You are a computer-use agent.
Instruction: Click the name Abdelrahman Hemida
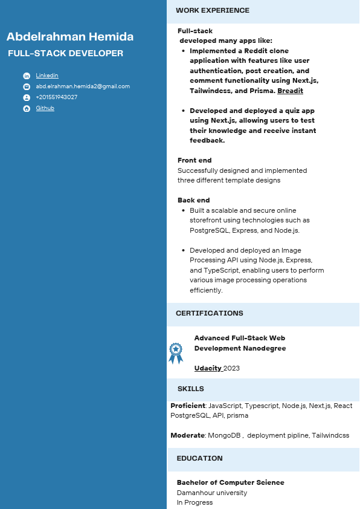pos(70,37)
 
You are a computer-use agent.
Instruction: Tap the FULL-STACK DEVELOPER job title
pos(65,53)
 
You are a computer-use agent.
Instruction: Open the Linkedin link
pos(47,76)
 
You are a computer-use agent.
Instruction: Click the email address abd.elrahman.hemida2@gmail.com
pos(83,86)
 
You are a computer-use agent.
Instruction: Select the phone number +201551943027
pos(57,97)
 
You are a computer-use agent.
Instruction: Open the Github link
pos(45,108)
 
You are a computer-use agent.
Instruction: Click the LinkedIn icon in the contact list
pos(27,76)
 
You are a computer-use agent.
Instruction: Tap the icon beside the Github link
pos(27,109)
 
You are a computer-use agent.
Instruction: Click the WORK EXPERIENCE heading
pos(212,10)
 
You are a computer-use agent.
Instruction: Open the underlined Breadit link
pos(290,91)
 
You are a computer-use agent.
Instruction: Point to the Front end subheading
pos(194,160)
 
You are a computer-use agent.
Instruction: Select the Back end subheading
pos(193,200)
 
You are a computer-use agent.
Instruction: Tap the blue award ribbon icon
pos(175,353)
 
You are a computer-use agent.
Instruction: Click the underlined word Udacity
pos(208,368)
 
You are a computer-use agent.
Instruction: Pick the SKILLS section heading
pos(190,389)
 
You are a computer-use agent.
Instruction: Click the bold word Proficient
pos(188,406)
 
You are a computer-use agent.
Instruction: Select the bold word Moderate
pos(188,435)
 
